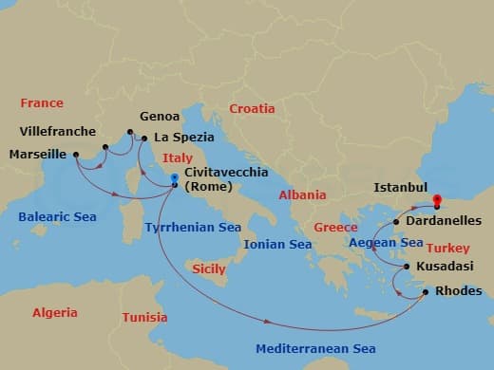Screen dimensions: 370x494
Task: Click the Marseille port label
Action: (36, 154)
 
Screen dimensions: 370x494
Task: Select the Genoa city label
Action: (160, 117)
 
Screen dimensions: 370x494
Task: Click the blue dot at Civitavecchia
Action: (174, 178)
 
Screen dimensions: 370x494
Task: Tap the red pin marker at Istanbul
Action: (437, 200)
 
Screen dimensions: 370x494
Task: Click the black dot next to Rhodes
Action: (425, 291)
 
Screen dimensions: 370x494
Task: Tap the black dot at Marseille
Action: (75, 154)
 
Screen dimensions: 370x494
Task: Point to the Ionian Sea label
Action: (277, 244)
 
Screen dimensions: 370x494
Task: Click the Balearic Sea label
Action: (57, 217)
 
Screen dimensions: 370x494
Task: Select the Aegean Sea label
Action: (385, 243)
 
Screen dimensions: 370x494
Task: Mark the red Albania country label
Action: (303, 195)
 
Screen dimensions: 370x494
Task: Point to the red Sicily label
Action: (209, 269)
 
